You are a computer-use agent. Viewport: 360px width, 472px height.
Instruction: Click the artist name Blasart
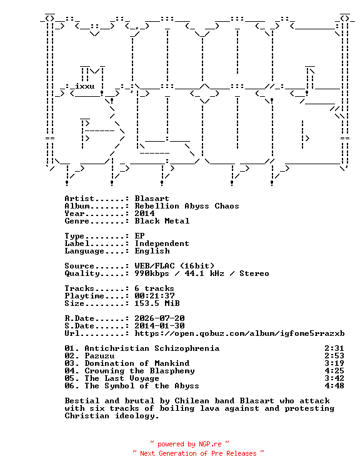point(152,199)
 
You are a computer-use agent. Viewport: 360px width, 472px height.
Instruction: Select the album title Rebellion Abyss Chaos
point(187,206)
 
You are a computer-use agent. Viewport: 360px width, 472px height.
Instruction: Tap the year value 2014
point(144,214)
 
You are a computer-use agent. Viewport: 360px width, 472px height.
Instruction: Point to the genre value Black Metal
point(162,221)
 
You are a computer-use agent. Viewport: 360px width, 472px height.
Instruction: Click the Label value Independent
point(162,243)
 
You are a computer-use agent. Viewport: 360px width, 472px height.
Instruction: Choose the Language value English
point(152,251)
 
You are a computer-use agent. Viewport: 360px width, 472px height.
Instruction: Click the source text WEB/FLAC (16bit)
point(174,266)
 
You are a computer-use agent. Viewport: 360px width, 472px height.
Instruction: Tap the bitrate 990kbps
point(152,273)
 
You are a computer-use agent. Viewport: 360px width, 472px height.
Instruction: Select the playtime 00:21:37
point(154,296)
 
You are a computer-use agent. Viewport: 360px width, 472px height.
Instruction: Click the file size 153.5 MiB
point(157,303)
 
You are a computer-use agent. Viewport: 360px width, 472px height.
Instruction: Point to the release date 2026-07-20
point(159,318)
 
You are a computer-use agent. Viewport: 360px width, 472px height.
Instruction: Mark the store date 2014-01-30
point(159,326)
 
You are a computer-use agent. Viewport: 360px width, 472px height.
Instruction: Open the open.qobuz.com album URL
point(239,333)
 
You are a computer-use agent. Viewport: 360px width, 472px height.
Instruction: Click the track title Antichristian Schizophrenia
point(152,348)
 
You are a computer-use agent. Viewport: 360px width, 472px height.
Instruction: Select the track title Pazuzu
point(99,356)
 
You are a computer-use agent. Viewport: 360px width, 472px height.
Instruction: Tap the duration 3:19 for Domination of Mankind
point(334,363)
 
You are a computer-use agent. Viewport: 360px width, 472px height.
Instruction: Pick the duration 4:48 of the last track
point(334,386)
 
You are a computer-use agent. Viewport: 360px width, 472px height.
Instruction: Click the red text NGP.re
point(210,444)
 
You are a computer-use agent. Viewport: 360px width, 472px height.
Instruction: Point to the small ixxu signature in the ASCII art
point(84,86)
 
